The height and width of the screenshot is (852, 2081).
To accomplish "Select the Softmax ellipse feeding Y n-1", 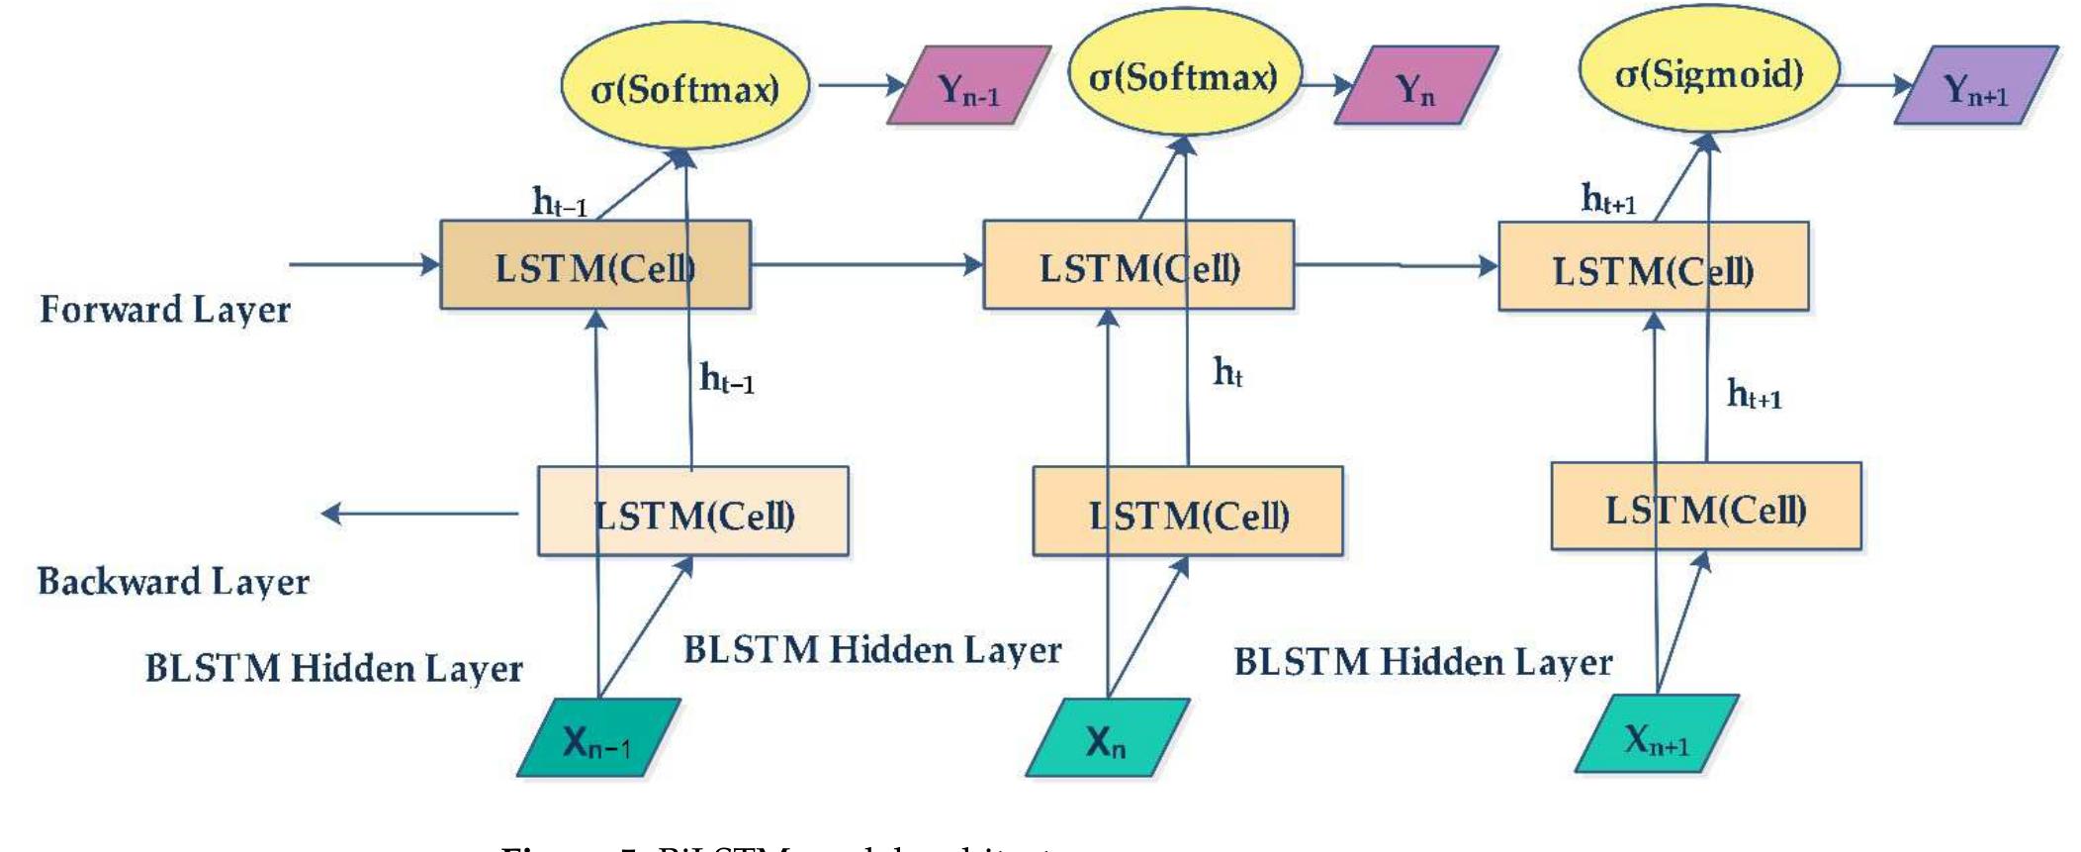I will (684, 88).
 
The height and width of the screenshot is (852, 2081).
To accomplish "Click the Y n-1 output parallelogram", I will (968, 87).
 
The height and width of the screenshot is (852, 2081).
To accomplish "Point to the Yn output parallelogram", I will (1415, 86).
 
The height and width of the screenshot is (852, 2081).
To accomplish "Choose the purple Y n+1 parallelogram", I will (1975, 86).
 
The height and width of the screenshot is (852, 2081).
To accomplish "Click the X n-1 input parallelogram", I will (597, 738).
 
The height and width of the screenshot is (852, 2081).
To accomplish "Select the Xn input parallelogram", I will (1106, 738).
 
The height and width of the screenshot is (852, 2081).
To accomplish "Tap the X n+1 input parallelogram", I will (1656, 734).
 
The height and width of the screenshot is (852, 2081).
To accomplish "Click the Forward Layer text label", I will (164, 310).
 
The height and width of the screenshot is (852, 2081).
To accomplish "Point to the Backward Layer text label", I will (173, 581).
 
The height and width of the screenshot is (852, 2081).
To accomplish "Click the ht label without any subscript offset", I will (1227, 373).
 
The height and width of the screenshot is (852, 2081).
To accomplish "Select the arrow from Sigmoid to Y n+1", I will (1873, 85).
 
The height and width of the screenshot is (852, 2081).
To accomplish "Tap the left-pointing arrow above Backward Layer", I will (419, 514).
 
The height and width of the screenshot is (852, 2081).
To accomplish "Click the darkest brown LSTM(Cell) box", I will (594, 265).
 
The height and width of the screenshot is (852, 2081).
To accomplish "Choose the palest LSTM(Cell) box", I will (692, 512).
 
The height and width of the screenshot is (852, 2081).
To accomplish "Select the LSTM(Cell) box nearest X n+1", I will (1705, 507).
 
